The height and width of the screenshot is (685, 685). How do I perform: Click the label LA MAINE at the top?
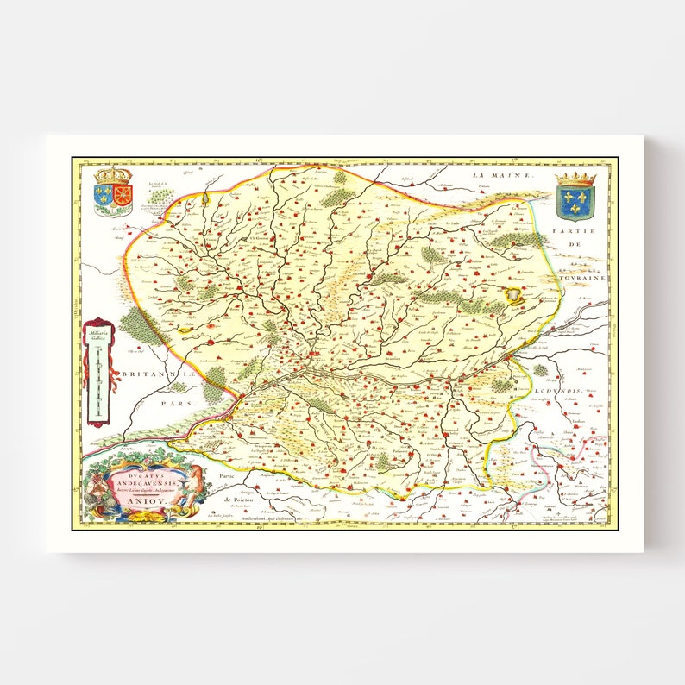[x=494, y=175]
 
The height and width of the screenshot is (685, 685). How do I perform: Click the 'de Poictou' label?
[x=229, y=499]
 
